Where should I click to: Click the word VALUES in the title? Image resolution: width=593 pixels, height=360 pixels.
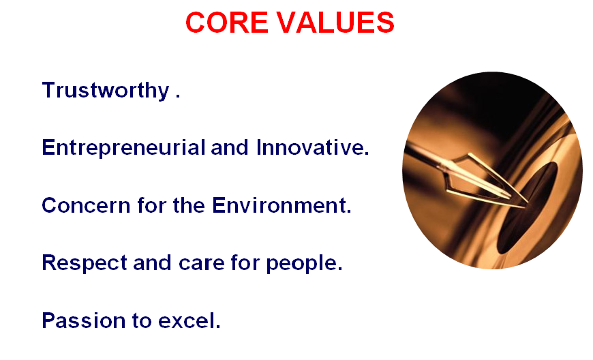[x=336, y=22]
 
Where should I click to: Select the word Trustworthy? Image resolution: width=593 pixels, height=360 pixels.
[x=106, y=91]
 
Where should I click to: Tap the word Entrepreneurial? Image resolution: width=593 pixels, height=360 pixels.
[x=123, y=147]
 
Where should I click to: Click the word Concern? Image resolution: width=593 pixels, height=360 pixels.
[x=86, y=205]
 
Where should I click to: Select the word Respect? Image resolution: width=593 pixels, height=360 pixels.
[x=85, y=262]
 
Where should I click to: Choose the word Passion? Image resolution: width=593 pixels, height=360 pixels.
[x=84, y=320]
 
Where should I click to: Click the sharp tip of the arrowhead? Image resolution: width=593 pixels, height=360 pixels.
[x=528, y=203]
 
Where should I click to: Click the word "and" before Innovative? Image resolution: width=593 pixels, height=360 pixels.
[x=229, y=147]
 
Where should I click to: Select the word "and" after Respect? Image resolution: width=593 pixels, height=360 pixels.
[x=152, y=262]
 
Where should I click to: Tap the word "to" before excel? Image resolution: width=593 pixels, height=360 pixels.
[x=142, y=321]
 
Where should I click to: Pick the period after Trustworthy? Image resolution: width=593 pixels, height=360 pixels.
[x=177, y=97]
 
